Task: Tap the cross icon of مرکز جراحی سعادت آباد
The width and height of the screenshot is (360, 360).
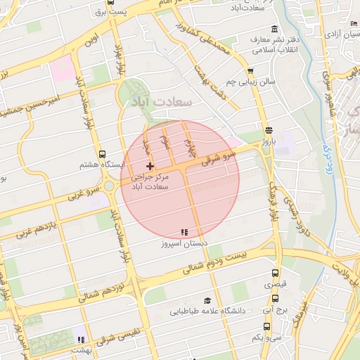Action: (150, 165)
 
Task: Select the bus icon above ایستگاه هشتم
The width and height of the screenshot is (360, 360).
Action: (103, 154)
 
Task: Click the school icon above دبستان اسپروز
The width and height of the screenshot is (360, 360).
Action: (184, 232)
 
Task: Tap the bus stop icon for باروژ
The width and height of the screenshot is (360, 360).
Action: (269, 130)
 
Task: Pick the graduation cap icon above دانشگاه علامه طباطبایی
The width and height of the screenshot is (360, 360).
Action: (207, 300)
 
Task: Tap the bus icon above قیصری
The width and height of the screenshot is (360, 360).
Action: (274, 274)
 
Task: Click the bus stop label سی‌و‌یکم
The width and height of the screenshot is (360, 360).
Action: (267, 337)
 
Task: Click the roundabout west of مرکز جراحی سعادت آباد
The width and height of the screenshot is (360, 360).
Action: (110, 187)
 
